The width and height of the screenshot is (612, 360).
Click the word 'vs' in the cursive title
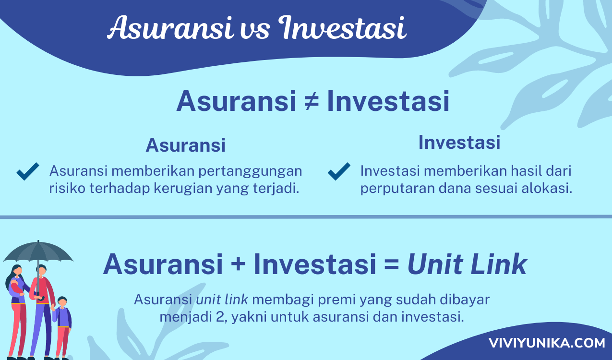[x=255, y=30]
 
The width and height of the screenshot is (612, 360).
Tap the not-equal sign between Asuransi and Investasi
[x=312, y=101]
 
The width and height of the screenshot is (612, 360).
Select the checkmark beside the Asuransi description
[x=28, y=171]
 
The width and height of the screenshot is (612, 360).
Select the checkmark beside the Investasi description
[x=339, y=171]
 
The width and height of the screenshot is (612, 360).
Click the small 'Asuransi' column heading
[x=186, y=145]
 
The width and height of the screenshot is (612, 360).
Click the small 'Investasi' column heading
[x=459, y=142]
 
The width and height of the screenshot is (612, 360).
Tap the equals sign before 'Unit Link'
[x=392, y=264]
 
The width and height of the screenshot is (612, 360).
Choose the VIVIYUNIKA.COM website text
[x=547, y=343]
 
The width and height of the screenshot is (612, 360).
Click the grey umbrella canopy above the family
[x=38, y=252]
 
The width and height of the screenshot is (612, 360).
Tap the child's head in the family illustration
[x=62, y=301]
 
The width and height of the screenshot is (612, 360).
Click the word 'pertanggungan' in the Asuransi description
[x=250, y=171]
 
